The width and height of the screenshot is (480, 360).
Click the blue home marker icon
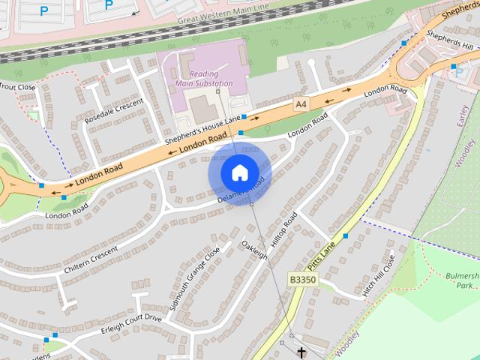click(239, 172)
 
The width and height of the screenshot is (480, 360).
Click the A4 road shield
click(301, 103)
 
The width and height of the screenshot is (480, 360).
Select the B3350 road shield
click(303, 279)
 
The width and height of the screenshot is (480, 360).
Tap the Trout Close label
click(16, 87)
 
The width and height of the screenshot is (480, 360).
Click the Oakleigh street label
click(254, 250)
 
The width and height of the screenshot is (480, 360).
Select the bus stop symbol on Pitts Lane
click(346, 236)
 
